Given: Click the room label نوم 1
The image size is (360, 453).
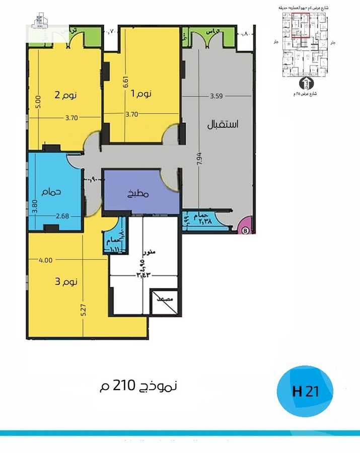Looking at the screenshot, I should pos(142,94).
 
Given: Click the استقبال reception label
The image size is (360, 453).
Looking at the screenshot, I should pos(223,124).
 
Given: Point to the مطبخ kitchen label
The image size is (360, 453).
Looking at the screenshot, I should pos(139,193).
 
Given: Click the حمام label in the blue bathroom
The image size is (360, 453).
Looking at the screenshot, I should pos(51,192).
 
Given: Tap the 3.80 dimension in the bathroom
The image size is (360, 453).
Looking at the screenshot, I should pos(34,208).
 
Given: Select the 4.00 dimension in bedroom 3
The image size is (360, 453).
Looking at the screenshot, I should pos(46,260).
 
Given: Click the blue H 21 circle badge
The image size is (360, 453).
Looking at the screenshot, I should pos(305,391).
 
